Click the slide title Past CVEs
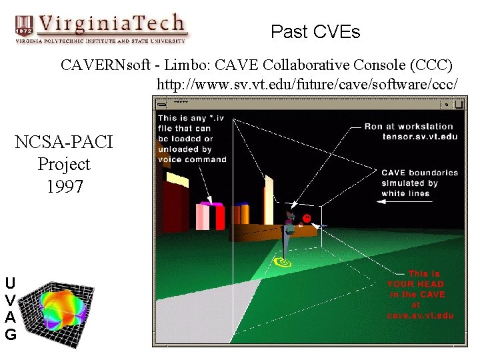[315, 32]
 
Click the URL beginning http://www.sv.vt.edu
[307, 85]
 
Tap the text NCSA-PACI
[64, 142]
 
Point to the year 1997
[64, 186]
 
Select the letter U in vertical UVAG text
[10, 282]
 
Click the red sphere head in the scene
[307, 219]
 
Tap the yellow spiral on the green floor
[283, 262]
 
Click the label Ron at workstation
[408, 126]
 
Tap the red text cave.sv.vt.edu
[420, 315]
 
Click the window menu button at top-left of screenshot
[160, 104]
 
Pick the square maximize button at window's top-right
[458, 104]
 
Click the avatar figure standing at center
[289, 230]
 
